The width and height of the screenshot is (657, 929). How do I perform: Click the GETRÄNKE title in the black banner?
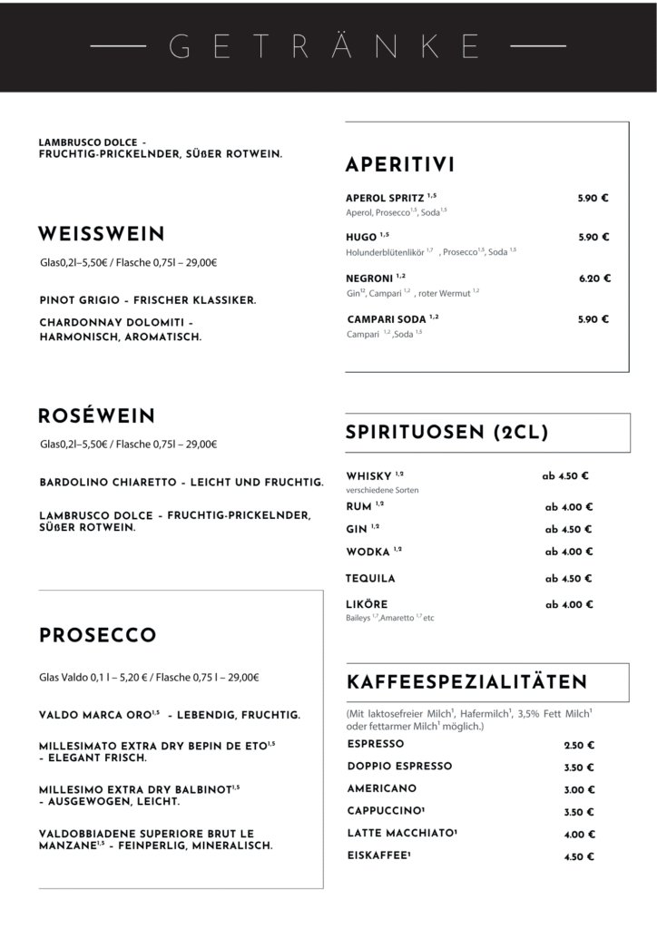(328, 44)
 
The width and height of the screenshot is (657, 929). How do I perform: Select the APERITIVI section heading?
(400, 165)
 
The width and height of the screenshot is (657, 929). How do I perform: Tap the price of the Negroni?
(594, 279)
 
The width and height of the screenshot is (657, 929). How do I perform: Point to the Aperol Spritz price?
(593, 197)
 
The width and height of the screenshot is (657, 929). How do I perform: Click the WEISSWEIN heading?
(101, 235)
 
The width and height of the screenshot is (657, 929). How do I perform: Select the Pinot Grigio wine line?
(148, 299)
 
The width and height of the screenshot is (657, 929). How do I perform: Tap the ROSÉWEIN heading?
(96, 416)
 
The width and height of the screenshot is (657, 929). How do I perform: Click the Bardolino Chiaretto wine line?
(181, 481)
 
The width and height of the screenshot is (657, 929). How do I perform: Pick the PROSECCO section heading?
(98, 635)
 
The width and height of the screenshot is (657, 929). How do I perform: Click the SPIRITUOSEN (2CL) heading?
(446, 433)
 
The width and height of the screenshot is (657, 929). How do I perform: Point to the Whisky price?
(565, 475)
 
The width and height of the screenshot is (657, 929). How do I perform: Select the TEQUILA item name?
(370, 578)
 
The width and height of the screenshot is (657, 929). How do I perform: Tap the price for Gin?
(568, 530)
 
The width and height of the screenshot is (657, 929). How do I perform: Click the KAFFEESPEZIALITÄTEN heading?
(466, 681)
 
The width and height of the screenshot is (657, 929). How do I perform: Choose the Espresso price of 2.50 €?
(579, 745)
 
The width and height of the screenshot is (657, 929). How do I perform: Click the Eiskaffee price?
(579, 856)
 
